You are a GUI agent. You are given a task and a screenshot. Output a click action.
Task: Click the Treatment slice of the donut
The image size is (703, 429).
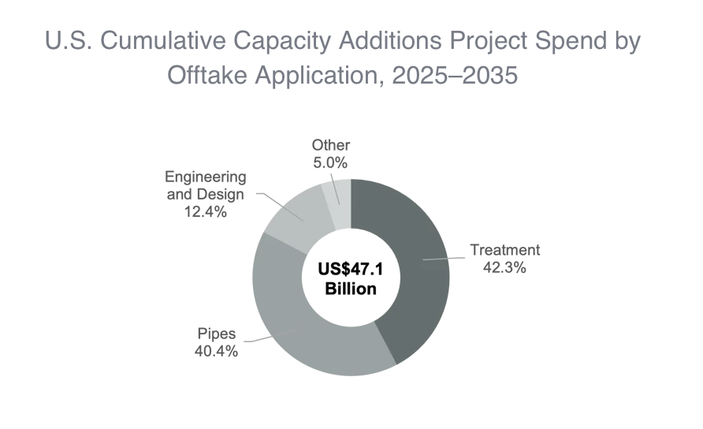coord(410,268)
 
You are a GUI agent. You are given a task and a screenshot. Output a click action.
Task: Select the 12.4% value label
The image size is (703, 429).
coord(205,211)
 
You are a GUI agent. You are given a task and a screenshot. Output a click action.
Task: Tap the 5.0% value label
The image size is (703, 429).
coord(331,162)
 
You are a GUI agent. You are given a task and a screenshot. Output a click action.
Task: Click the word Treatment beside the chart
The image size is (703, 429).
coord(505,250)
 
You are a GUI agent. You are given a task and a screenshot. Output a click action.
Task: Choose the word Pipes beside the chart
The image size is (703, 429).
coord(215,334)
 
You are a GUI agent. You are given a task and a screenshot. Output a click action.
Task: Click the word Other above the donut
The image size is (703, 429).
coord(331,145)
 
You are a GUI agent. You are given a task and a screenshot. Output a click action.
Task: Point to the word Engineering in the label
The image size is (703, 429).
coord(205,177)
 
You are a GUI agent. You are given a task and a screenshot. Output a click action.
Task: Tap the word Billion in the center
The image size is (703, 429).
coord(351,289)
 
